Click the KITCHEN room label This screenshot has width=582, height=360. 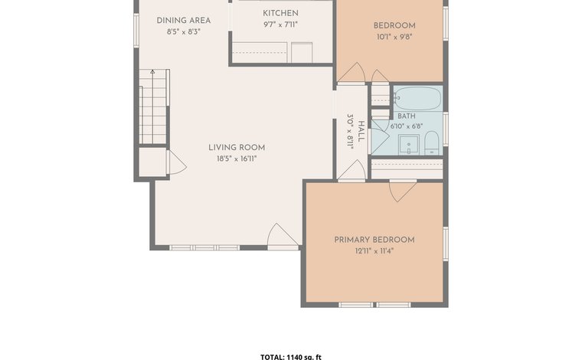(x=280, y=13)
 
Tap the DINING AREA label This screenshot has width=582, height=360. (x=183, y=21)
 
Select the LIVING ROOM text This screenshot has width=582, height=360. (x=237, y=147)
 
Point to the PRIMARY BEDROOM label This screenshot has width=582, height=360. (x=374, y=240)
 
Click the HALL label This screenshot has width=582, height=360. (x=361, y=131)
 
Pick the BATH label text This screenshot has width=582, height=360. (x=407, y=116)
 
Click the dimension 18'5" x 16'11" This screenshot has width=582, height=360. (x=237, y=159)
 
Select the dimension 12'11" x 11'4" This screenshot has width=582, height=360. (x=374, y=251)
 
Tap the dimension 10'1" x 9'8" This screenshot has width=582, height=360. (x=394, y=37)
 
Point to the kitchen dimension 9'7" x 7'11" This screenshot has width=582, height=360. (x=280, y=25)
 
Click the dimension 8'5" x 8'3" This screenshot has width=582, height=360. (x=183, y=31)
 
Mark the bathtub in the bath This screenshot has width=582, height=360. (x=417, y=98)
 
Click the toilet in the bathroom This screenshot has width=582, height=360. (x=432, y=142)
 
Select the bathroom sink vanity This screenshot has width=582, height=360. (x=409, y=144)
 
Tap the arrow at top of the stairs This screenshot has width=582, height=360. (x=152, y=72)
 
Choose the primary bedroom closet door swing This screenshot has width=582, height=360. (x=401, y=191)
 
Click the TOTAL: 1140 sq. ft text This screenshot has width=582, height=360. (x=291, y=357)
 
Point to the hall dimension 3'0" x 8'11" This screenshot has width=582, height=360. (x=350, y=131)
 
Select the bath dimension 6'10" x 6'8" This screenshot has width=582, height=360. (x=407, y=126)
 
